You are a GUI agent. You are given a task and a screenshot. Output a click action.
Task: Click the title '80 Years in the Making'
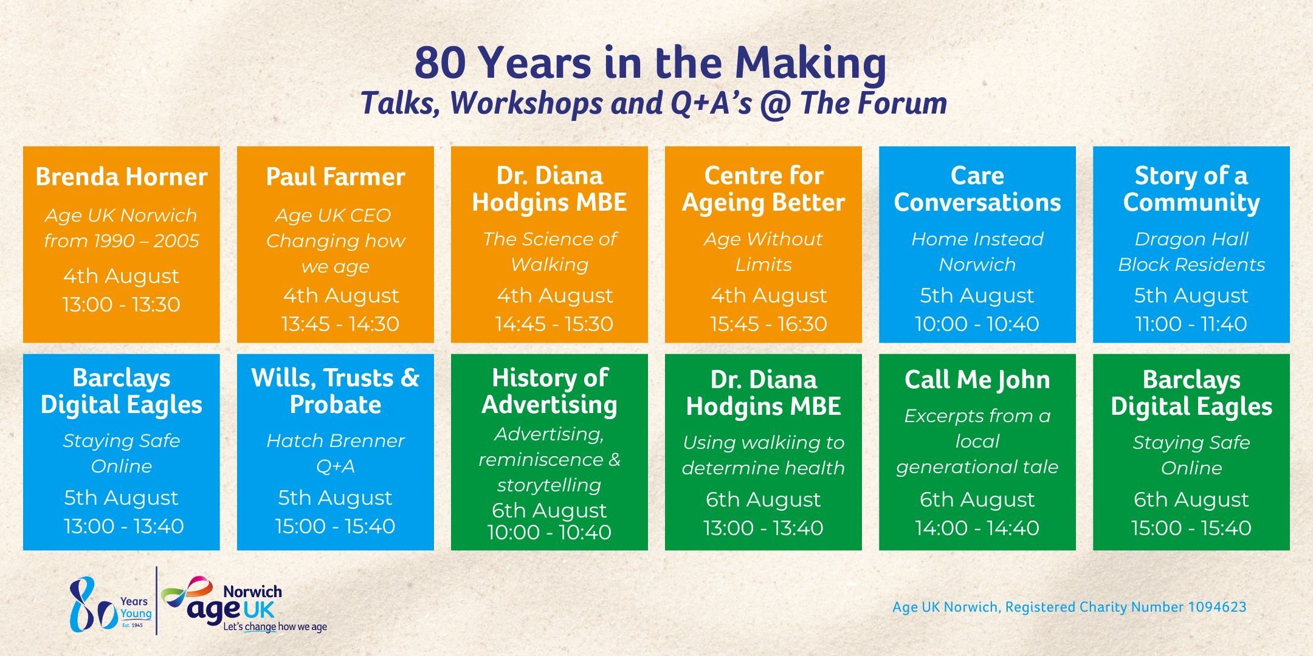coord(650,63)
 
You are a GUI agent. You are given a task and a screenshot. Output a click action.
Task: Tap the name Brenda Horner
coord(122,177)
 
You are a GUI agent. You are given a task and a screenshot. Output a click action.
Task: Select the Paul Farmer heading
coord(336,177)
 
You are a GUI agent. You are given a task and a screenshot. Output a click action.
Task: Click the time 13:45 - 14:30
coord(340,324)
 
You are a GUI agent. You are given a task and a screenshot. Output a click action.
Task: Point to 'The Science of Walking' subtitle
coord(550,251)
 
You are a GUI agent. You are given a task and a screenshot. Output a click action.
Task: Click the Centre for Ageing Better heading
coord(763,189)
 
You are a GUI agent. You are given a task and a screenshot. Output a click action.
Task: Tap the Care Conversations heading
coord(977,189)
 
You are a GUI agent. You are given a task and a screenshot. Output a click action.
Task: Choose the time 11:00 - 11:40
coord(1191,324)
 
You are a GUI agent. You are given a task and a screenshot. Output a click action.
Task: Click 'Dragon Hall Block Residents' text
coord(1191,251)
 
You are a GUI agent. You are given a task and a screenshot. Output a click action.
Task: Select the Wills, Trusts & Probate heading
coord(336,391)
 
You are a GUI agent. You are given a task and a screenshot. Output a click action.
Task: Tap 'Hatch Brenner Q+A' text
coord(336,453)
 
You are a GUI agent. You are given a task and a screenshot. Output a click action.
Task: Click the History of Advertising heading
coord(550,391)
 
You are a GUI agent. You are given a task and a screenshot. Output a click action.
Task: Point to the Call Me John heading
coord(977,380)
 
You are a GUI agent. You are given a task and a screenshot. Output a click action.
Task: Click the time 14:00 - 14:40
coord(977,528)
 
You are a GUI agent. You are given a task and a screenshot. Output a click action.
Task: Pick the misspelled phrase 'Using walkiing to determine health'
coord(763,455)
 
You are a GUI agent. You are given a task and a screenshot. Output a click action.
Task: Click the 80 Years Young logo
coord(110,605)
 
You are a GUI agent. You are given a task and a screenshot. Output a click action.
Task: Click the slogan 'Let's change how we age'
coord(275,626)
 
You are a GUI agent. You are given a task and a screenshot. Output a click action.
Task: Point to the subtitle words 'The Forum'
coord(874,103)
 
